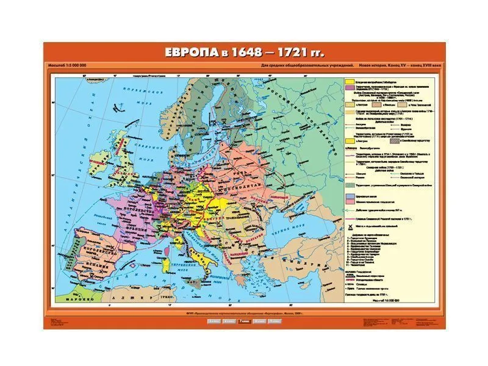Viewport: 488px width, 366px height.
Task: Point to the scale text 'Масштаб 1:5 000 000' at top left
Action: pos(66,65)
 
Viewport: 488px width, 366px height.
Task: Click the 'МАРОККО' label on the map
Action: pos(64,299)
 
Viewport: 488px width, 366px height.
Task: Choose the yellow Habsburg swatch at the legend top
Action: pos(350,81)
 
